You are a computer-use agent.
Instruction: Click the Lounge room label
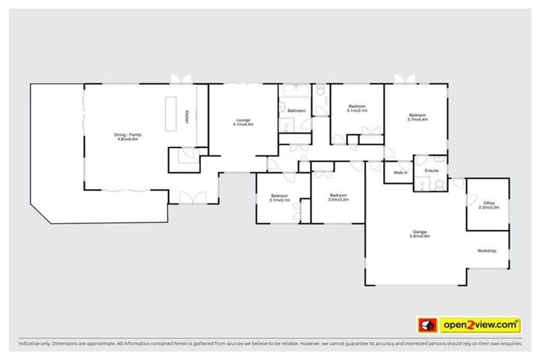point(243,122)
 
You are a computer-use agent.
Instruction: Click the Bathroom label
point(296,110)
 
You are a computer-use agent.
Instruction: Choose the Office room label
point(488,205)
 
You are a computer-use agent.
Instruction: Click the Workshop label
point(487,251)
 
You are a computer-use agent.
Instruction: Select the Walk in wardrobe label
point(400,172)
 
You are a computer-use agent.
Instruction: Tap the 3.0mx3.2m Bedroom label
point(338,198)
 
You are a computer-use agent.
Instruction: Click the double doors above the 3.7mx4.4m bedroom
point(405,79)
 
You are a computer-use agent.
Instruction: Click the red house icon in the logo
point(425,325)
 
